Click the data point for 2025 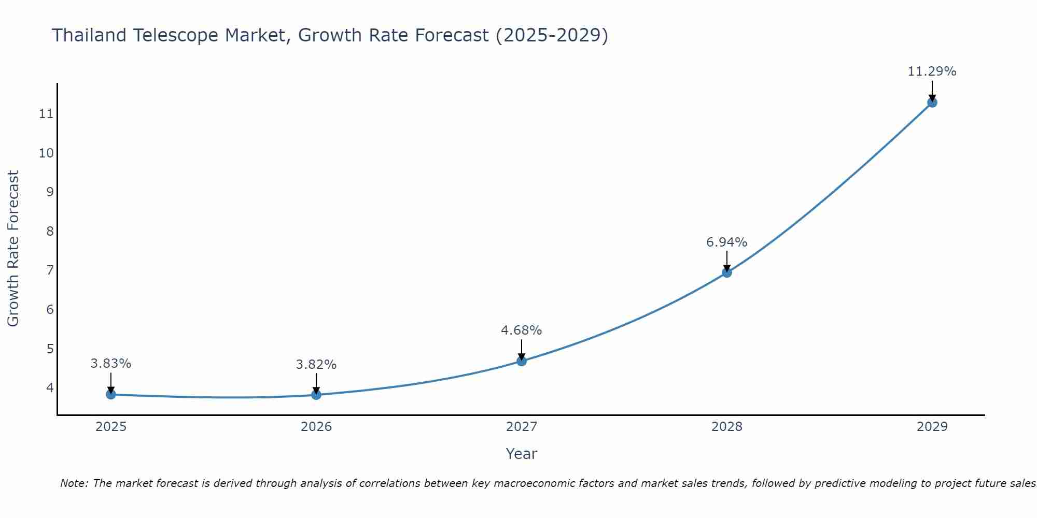[x=110, y=395]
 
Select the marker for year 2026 [x=316, y=395]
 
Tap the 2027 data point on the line [x=522, y=361]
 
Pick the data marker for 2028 [x=727, y=273]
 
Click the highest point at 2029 [x=932, y=103]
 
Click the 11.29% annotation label [x=932, y=71]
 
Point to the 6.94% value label [x=726, y=242]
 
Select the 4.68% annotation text [x=521, y=330]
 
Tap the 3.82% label [x=316, y=365]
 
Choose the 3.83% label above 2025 [x=110, y=364]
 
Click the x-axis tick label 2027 [x=522, y=427]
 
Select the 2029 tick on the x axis [x=932, y=427]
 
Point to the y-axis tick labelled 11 [x=46, y=114]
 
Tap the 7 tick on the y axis [x=50, y=270]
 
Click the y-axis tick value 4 [x=50, y=387]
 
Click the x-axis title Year [x=521, y=454]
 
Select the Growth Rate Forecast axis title [x=13, y=249]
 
